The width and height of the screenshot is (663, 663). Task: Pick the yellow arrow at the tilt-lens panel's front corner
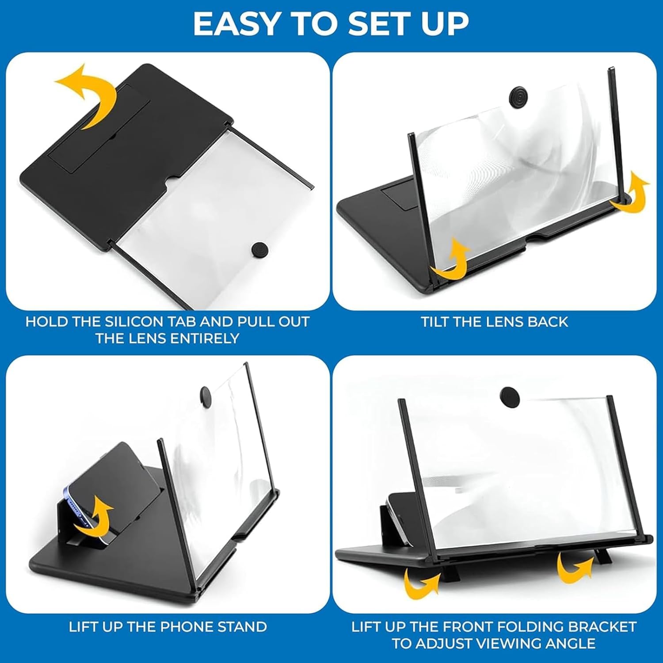tap(451, 261)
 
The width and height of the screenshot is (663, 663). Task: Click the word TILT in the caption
tap(436, 321)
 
